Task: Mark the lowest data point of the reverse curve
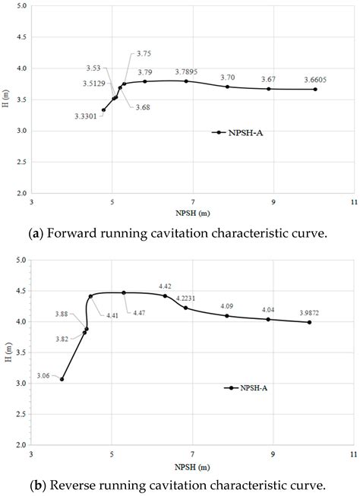[x=62, y=379]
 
